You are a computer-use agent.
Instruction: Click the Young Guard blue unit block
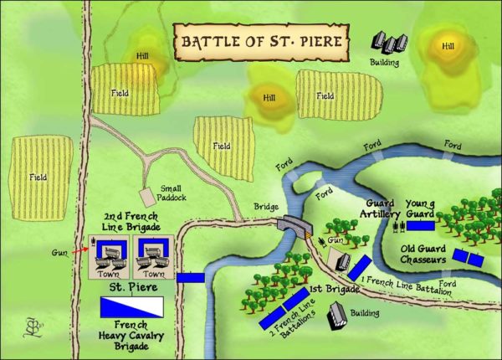coord(421,225)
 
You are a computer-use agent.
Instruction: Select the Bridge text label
coord(267,206)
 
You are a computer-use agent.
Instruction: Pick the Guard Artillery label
coord(381,208)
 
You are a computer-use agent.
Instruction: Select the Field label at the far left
coord(38,177)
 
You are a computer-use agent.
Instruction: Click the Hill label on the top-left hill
coord(141,57)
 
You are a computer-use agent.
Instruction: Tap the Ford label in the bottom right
coord(448,285)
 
